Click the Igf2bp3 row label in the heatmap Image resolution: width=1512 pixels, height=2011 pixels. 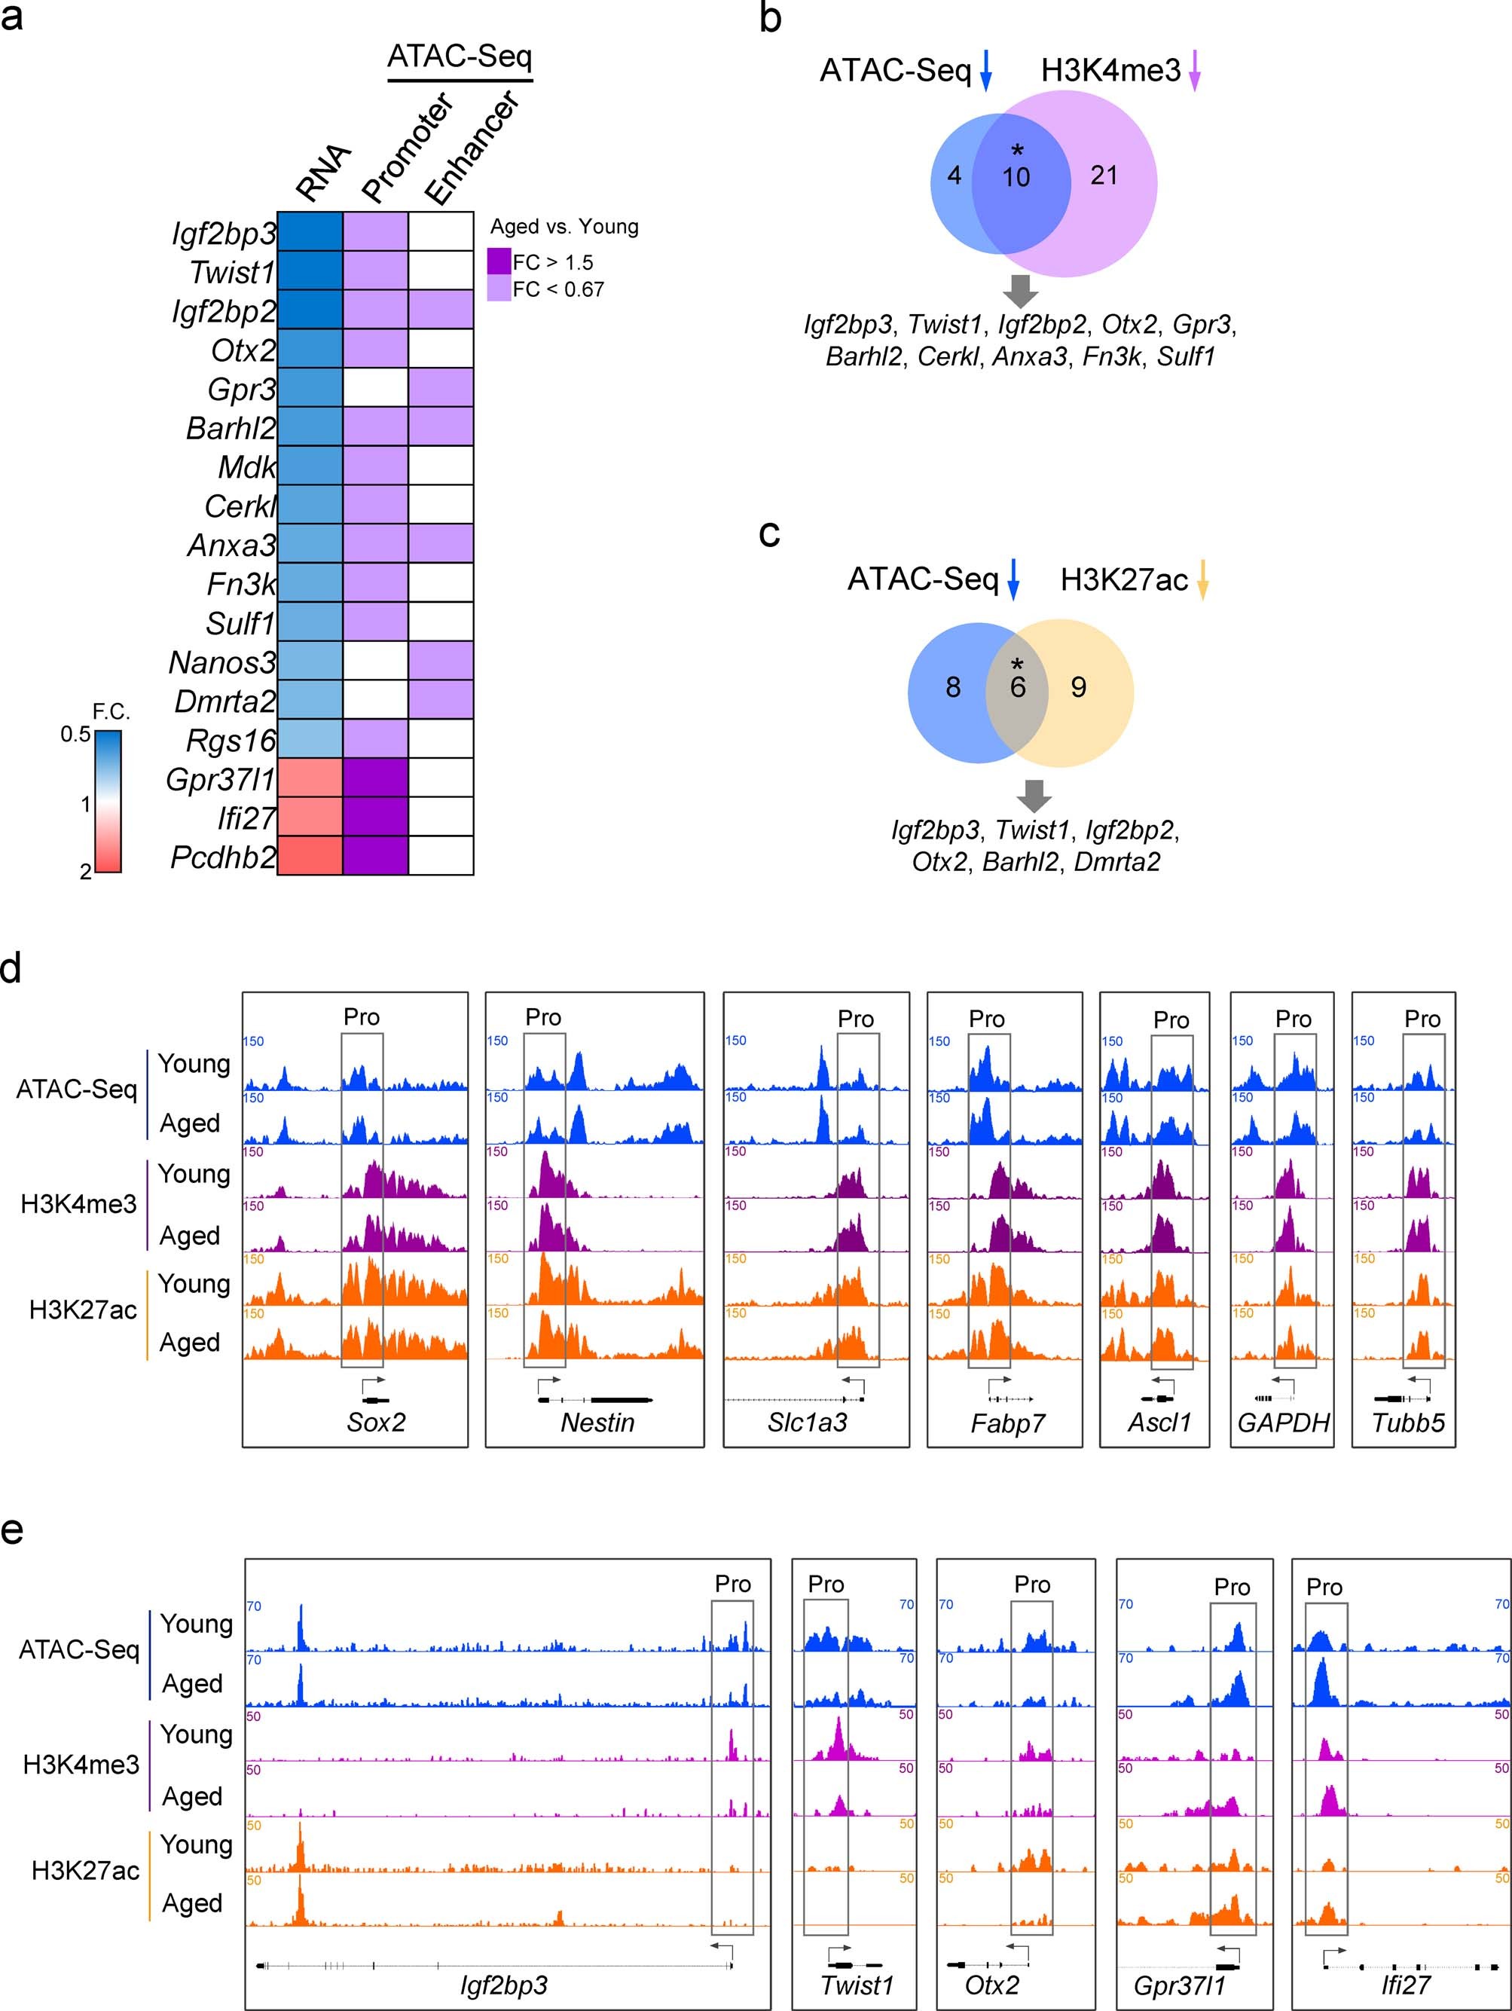224,234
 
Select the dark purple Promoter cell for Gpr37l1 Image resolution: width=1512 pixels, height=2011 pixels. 374,778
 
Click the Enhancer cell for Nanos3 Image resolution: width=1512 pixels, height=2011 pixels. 440,661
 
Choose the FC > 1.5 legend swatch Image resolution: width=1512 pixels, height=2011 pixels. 499,262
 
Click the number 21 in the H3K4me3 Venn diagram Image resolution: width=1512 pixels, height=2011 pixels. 1104,176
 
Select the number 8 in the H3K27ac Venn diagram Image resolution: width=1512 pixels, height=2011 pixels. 953,687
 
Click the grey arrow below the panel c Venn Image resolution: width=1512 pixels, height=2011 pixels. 1034,796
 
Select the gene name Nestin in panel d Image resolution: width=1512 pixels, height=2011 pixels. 597,1423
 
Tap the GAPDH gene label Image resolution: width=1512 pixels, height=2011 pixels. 1283,1423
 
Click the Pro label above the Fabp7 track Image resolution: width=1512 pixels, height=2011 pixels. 986,1019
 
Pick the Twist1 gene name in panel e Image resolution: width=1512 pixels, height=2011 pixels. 857,1985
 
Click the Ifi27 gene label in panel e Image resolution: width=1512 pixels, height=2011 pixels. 1406,1985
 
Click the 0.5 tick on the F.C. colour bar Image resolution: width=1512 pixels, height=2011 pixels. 75,735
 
